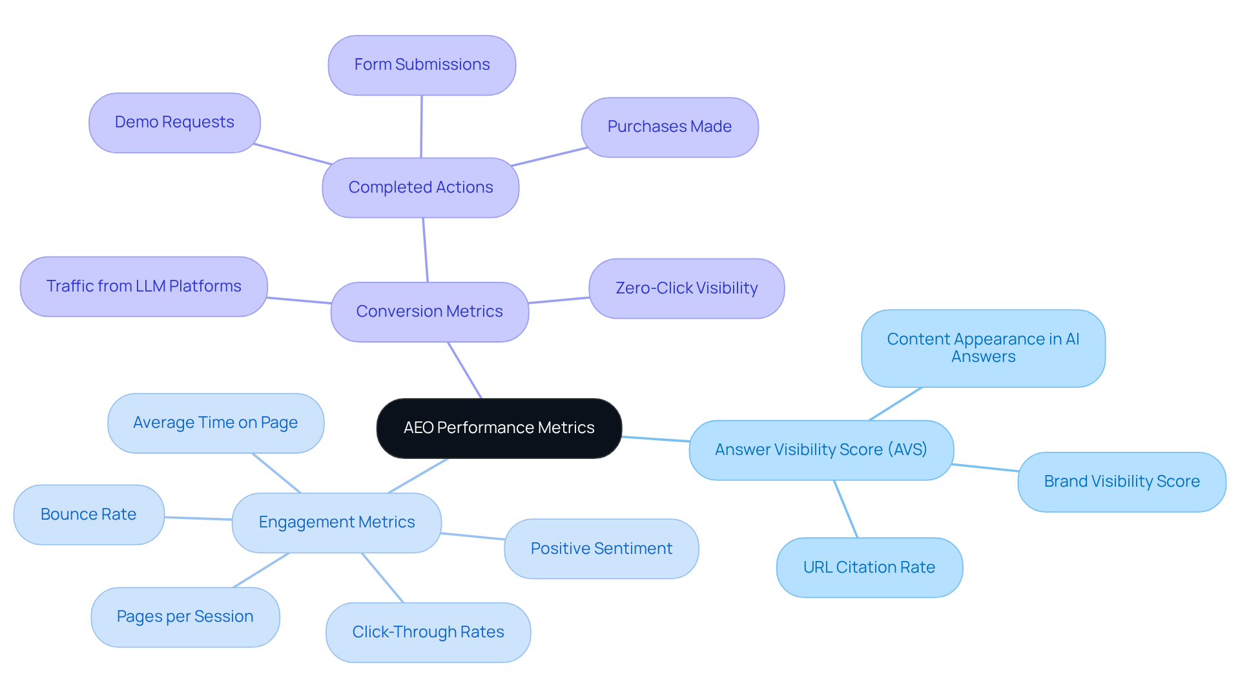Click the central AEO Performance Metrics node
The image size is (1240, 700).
[x=499, y=428]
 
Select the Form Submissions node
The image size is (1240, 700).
[x=422, y=65]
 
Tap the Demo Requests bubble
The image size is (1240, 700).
[x=174, y=122]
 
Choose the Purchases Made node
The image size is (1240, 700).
[x=669, y=127]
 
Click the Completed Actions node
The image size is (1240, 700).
[x=420, y=187]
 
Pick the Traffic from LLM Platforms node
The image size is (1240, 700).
[x=143, y=286]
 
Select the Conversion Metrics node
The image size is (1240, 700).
[x=429, y=312]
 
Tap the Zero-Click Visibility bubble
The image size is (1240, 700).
[x=687, y=288]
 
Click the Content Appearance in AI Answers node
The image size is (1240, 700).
[x=983, y=348]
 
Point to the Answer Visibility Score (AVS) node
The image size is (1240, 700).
[x=821, y=450]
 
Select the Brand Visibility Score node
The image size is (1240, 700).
[x=1122, y=482]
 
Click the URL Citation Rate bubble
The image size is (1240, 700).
[x=869, y=567]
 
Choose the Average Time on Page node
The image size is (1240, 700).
[x=215, y=423]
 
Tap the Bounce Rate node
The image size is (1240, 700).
[x=88, y=514]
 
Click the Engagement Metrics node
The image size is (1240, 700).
[x=336, y=522]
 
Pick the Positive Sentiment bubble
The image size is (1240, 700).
[x=601, y=549]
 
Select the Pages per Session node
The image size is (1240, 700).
[x=185, y=617]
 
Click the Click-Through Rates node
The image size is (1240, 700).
[x=428, y=632]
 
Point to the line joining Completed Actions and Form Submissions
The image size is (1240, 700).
[x=421, y=127]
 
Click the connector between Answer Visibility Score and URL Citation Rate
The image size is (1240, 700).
[x=846, y=509]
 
